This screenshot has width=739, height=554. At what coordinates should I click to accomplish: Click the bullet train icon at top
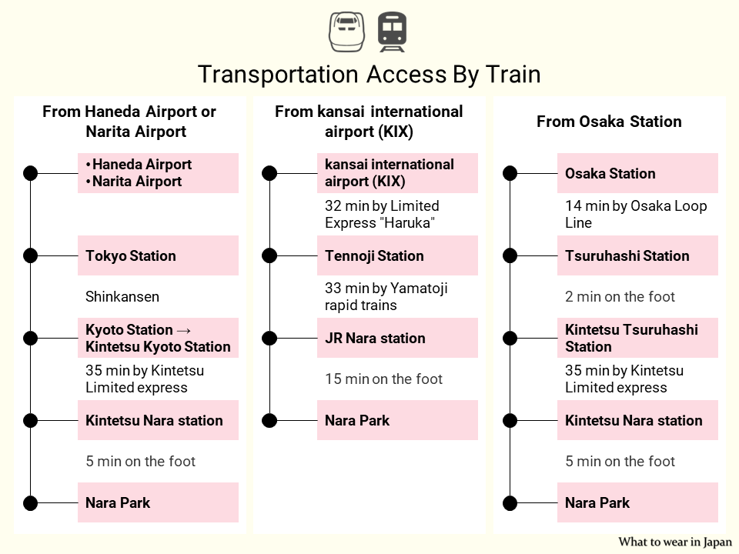[x=346, y=31]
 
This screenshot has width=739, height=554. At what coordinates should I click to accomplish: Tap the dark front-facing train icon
[x=392, y=32]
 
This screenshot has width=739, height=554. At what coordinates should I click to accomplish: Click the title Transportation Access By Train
[x=369, y=74]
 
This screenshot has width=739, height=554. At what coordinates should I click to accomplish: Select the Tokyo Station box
[x=158, y=255]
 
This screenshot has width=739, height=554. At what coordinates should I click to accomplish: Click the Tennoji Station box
[x=397, y=255]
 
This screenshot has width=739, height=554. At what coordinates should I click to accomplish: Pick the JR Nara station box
[x=397, y=338]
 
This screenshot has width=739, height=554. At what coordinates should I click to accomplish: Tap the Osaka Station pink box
[x=637, y=173]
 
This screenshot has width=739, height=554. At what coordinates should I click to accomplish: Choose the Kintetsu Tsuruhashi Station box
[x=637, y=338]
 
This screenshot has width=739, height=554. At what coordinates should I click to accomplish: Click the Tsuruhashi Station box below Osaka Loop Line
[x=637, y=255]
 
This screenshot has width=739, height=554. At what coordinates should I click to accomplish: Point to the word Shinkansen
[x=122, y=297]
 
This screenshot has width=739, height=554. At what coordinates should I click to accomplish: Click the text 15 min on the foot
[x=383, y=379]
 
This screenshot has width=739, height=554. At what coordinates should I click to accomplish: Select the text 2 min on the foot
[x=620, y=297]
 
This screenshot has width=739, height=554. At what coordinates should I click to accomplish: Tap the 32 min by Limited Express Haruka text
[x=382, y=215]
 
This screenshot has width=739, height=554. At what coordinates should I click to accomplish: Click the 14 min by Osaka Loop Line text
[x=636, y=215]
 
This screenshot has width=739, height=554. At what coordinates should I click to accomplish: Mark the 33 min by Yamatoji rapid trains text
[x=386, y=297]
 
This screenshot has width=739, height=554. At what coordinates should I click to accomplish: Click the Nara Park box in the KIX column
[x=397, y=420]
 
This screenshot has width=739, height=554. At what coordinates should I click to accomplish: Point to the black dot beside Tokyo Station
[x=30, y=255]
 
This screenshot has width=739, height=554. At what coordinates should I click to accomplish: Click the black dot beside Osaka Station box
[x=510, y=173]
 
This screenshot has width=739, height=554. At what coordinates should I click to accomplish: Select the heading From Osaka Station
[x=609, y=122]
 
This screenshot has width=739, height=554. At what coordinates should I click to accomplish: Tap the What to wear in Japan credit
[x=674, y=542]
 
